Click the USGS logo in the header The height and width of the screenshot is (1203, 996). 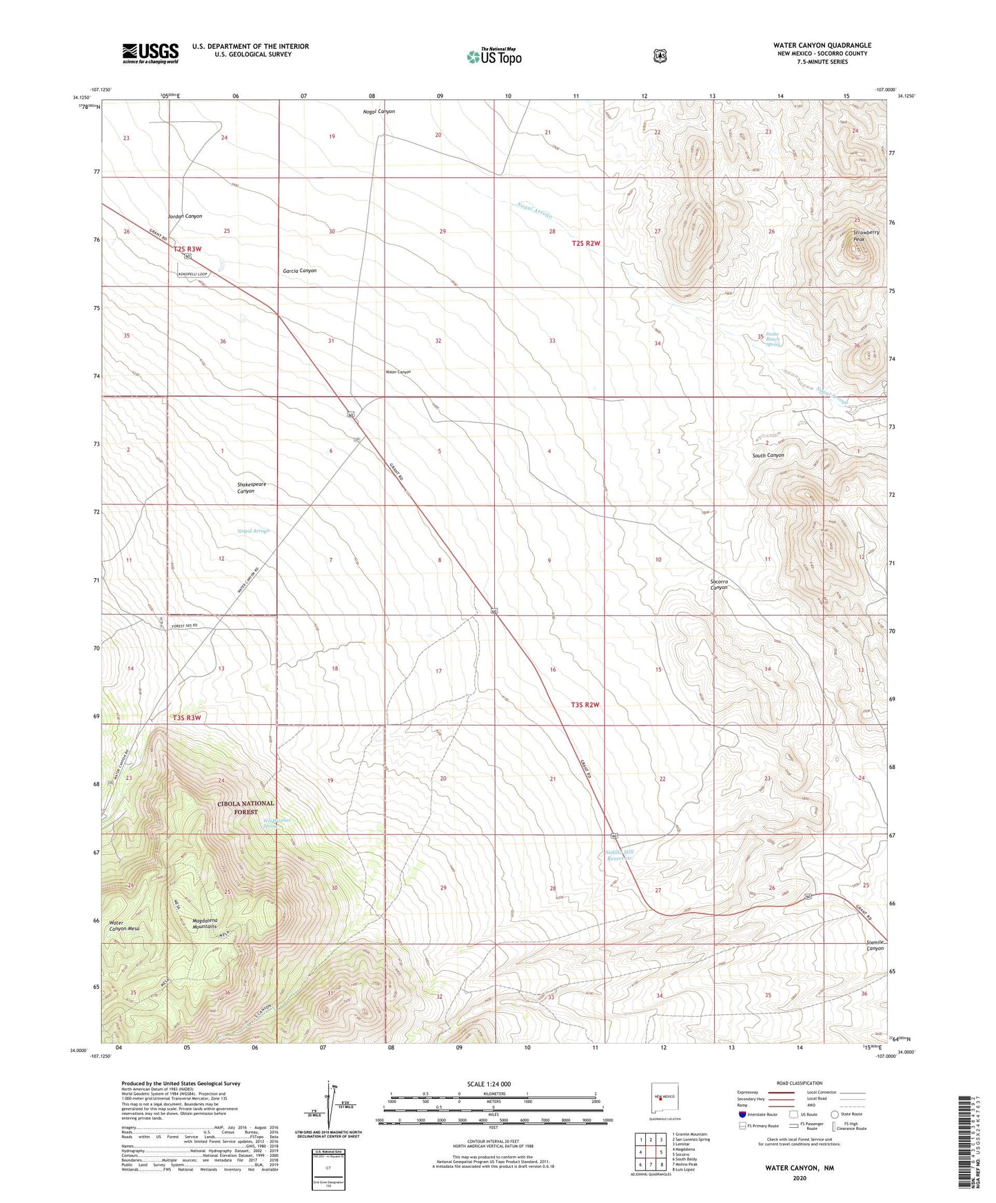[150, 53]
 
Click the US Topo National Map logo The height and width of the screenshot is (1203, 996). [494, 56]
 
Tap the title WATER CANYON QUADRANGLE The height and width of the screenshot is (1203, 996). [822, 45]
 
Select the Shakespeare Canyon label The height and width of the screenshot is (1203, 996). [251, 488]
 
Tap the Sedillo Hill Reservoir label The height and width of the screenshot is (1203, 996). [618, 856]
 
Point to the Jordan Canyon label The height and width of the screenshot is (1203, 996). [185, 216]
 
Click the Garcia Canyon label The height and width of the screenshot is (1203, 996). [299, 271]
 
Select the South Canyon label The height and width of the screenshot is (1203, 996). [768, 455]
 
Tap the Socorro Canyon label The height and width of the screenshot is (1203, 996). [719, 584]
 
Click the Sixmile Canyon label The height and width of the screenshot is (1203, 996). [875, 945]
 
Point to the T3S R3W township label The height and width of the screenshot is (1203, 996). [187, 717]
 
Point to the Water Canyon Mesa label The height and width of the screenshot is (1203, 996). [124, 925]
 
